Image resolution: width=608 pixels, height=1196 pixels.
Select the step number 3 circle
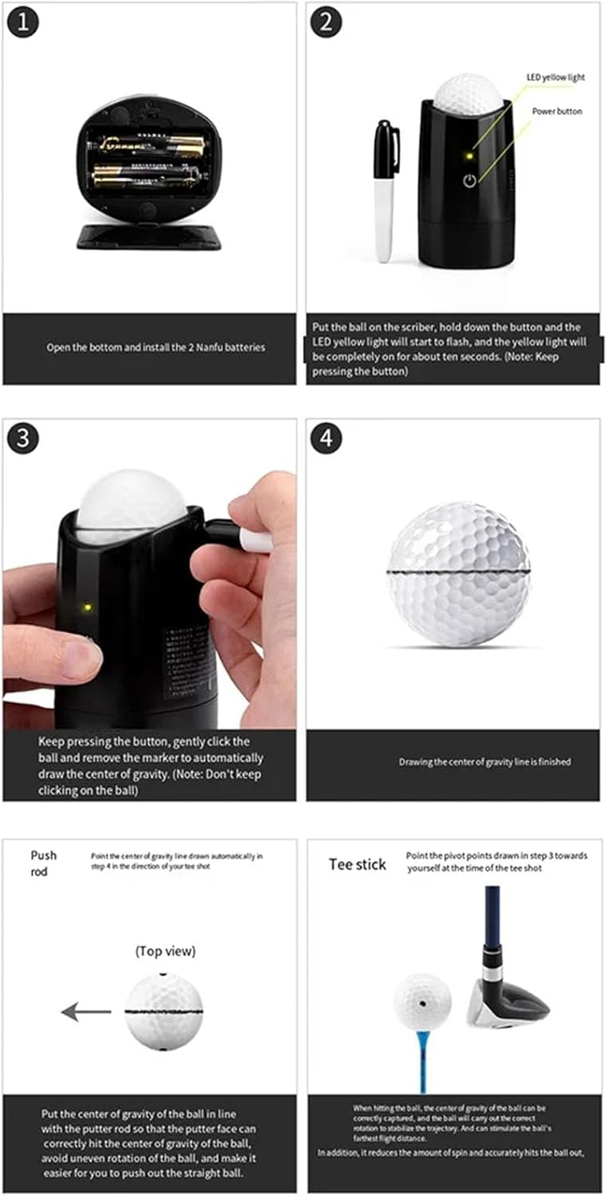(23, 438)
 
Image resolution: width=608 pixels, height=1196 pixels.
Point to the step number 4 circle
(326, 438)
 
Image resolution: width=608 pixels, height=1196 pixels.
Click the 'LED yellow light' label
(555, 77)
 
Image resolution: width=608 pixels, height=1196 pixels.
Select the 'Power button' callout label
(557, 111)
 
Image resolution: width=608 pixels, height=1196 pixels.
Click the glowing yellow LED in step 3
(84, 608)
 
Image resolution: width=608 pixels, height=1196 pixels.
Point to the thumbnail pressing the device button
(80, 659)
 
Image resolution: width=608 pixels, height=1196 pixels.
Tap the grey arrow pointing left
(86, 1012)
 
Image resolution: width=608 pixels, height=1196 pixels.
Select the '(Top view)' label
(165, 950)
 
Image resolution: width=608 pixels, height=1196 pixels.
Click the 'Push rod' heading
(44, 864)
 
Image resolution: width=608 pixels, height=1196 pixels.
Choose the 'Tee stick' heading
(358, 864)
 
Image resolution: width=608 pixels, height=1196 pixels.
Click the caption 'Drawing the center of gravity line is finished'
(484, 761)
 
